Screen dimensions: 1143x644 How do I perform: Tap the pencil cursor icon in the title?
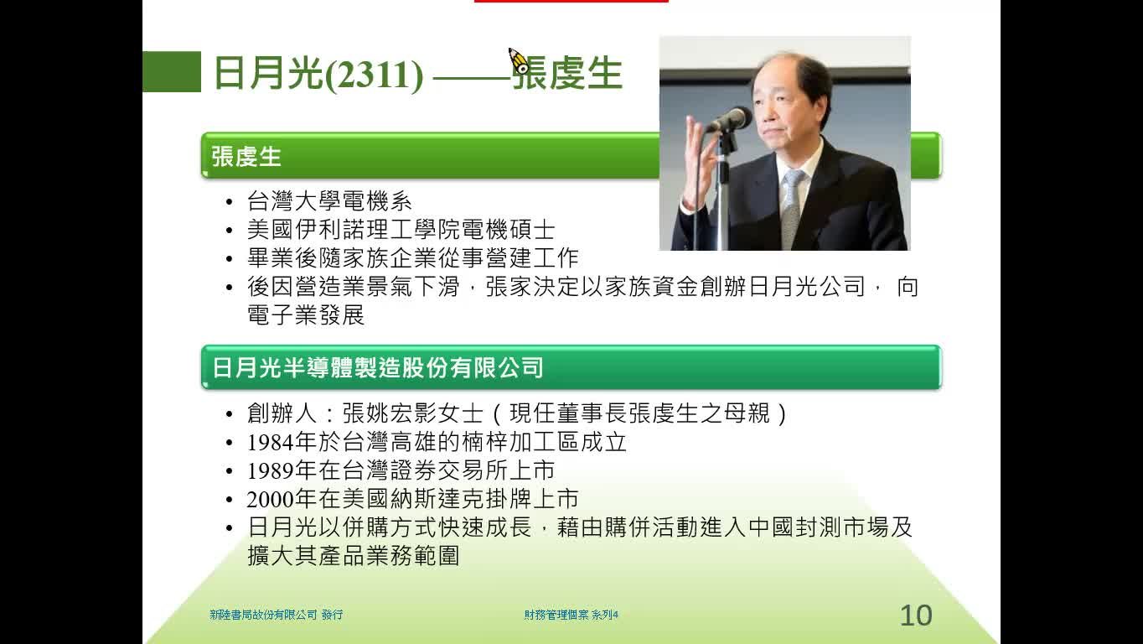(519, 60)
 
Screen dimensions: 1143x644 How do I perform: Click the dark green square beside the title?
(172, 72)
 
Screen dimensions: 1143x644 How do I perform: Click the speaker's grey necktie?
(792, 210)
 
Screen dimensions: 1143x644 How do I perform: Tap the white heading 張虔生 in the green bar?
(246, 156)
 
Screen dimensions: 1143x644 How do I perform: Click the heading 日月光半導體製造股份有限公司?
(378, 368)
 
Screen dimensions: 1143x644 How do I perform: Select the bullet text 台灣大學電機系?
(329, 201)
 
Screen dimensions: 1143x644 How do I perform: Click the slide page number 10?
(916, 615)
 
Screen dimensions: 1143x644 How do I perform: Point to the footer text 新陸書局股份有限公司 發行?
(276, 615)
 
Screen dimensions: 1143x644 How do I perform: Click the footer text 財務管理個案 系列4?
(571, 615)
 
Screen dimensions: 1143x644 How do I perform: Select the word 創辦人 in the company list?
(282, 413)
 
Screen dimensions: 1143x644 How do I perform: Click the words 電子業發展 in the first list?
(306, 315)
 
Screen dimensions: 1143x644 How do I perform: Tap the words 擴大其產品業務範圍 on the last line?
(353, 556)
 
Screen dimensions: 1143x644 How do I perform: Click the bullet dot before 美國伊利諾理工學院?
(229, 231)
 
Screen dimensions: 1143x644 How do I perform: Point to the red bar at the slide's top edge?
(571, 1)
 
